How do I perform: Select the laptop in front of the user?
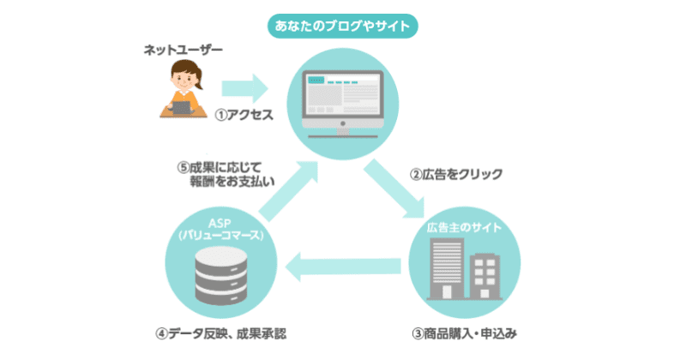183,106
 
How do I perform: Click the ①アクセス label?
243,114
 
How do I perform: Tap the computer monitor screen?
343,93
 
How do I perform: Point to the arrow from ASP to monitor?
287,193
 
